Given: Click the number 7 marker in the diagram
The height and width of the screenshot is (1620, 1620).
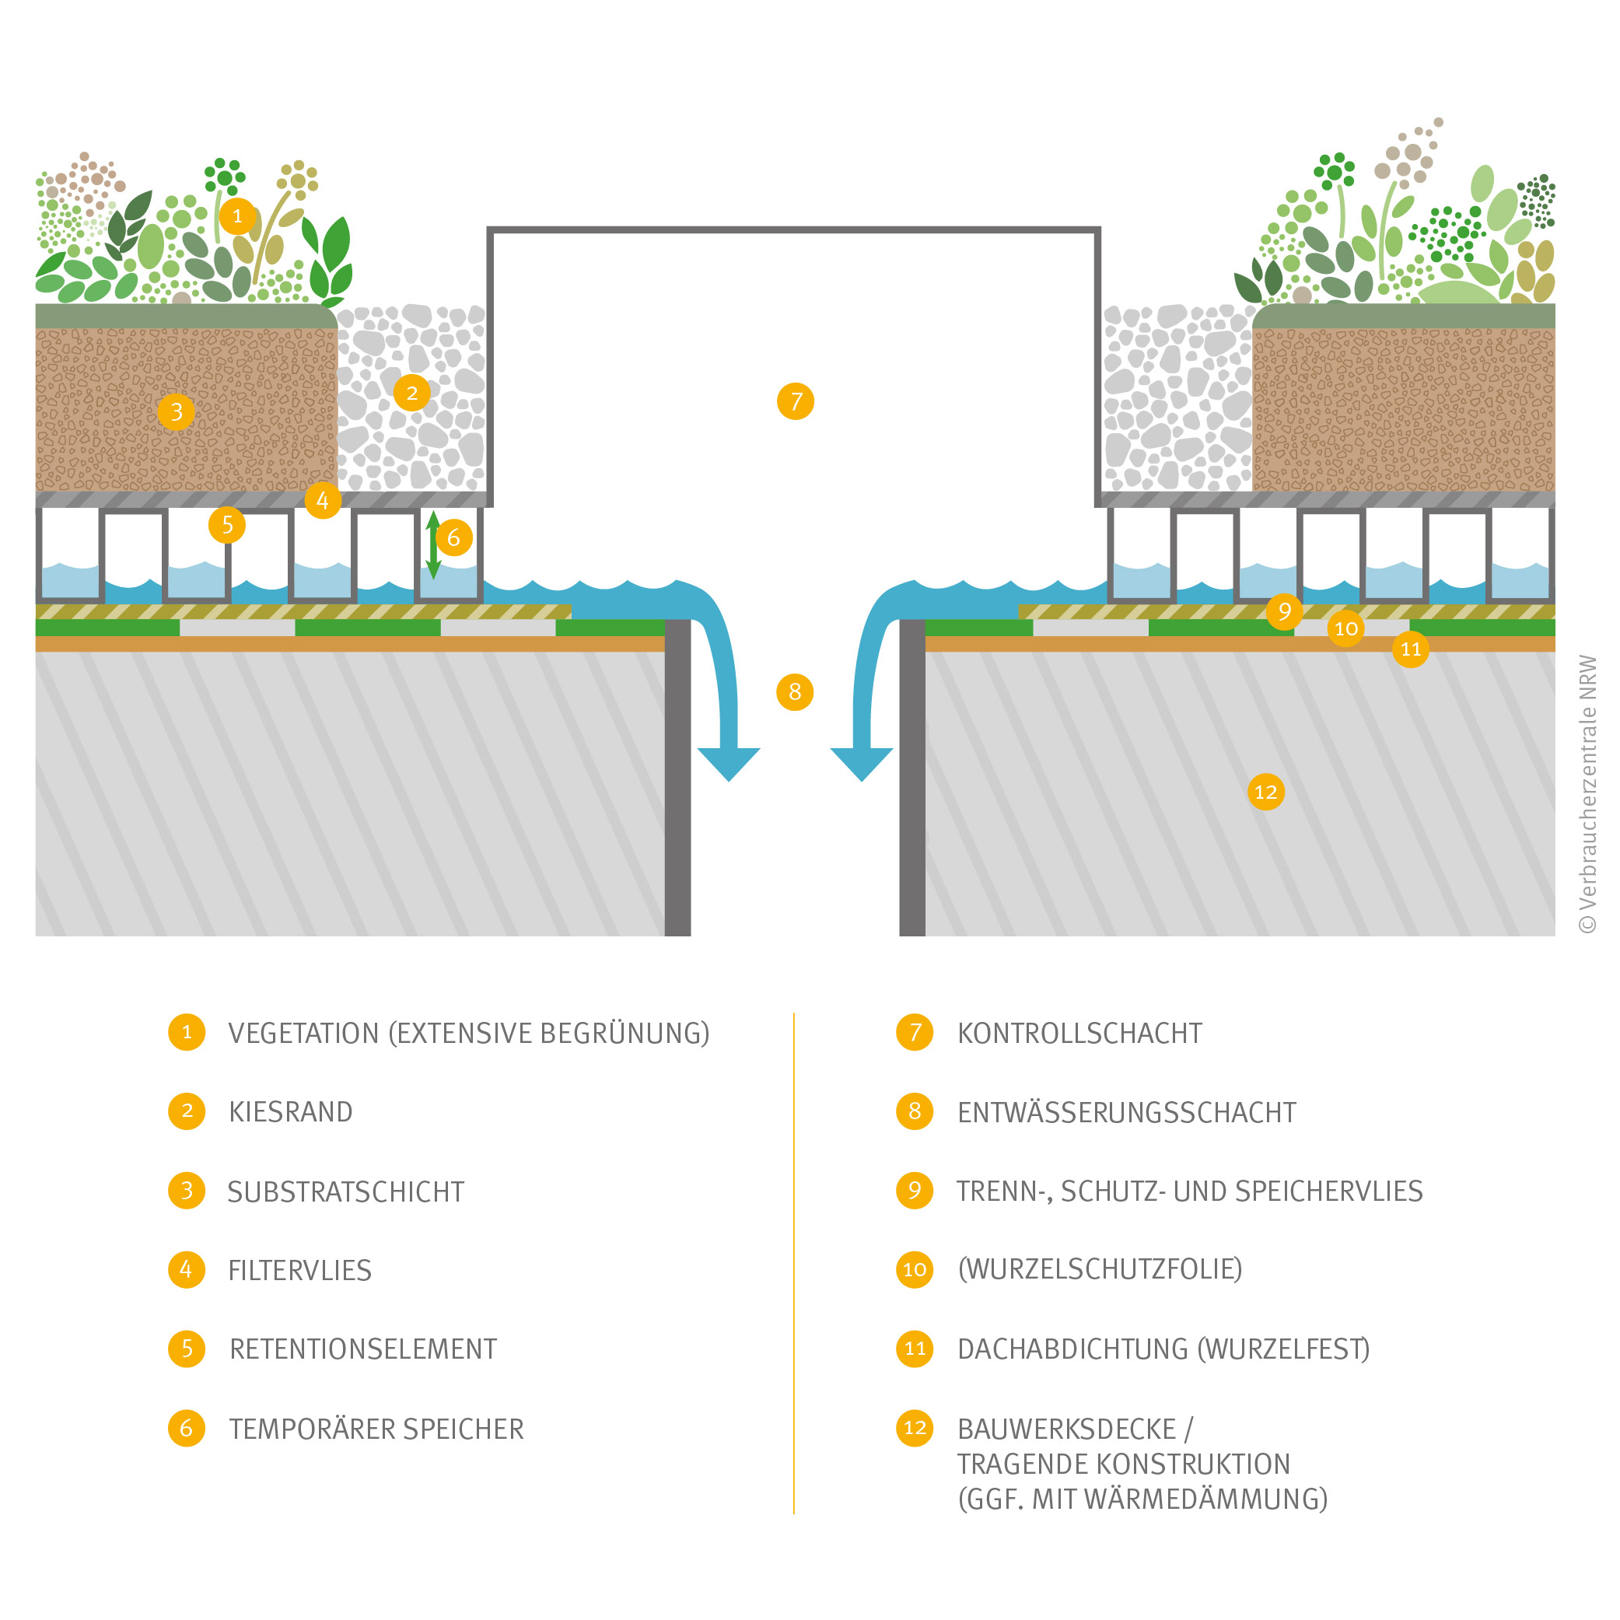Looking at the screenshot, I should coord(795,401).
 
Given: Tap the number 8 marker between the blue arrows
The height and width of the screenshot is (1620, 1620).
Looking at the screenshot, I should coord(795,691).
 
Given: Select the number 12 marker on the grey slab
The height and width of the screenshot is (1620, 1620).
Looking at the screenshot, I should coord(1265,792).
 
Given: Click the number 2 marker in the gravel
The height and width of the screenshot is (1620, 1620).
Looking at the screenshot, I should coord(411,393).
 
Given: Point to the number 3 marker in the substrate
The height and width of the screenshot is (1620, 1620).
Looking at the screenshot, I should coord(176,411).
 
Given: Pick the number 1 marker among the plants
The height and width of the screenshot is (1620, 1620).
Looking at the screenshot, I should coord(237,216).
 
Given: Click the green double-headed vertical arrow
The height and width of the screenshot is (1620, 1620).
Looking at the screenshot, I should coord(432,545).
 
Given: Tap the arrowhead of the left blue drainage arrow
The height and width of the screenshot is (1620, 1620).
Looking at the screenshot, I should coord(729,762).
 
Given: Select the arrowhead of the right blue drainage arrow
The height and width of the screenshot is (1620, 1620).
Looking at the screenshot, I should coord(861,762).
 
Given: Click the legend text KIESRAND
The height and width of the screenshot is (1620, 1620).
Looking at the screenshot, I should coord(290,1112).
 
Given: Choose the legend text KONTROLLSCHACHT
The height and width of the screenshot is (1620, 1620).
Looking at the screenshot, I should coord(1079,1033).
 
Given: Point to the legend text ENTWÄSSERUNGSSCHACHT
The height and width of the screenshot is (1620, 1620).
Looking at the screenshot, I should coord(1126,1112).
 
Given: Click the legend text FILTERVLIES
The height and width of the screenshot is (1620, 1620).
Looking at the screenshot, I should coord(299,1270).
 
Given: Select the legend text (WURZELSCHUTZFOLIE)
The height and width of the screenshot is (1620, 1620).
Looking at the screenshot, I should coord(1099,1268).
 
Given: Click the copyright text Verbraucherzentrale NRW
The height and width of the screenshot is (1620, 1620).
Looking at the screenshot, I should coord(1587,793).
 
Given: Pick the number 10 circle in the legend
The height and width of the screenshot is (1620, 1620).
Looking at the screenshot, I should coord(914,1269).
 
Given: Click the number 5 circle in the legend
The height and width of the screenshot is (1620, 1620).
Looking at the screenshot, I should coord(186,1349).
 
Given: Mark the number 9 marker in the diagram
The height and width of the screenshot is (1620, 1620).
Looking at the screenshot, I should coord(1284,611).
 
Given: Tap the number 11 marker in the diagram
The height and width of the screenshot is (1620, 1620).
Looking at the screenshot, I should coord(1410,649).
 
